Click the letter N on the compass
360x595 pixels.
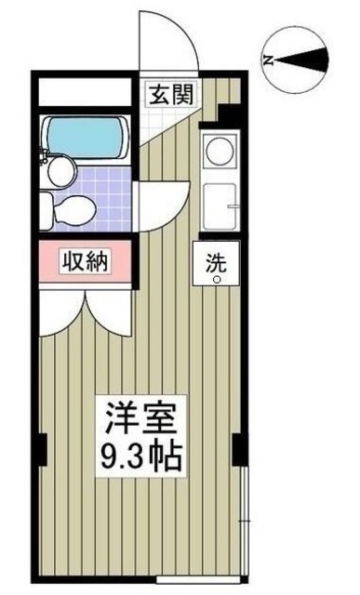(x=269, y=59)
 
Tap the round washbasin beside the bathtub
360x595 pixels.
(x=58, y=168)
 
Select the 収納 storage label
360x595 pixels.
(x=85, y=262)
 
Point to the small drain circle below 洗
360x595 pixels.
(x=216, y=278)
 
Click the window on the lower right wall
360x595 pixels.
(x=244, y=521)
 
